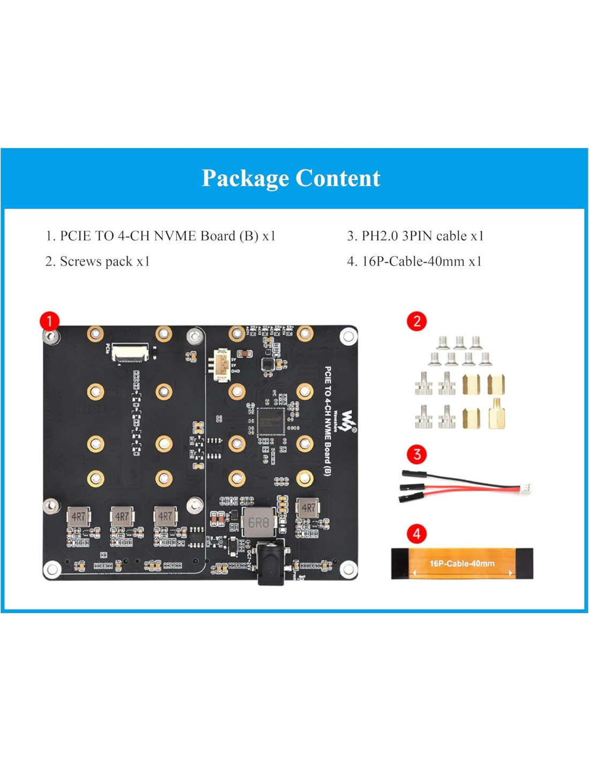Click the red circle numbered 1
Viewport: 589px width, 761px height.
pyautogui.click(x=50, y=321)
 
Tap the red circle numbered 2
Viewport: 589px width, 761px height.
pyautogui.click(x=417, y=321)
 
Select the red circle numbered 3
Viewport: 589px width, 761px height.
pyautogui.click(x=417, y=454)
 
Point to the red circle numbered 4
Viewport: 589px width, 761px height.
pyautogui.click(x=417, y=534)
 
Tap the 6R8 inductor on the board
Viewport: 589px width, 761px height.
pyautogui.click(x=259, y=522)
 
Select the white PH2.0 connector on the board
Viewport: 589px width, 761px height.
pyautogui.click(x=222, y=365)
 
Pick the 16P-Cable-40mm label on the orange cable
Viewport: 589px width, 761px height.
pyautogui.click(x=462, y=564)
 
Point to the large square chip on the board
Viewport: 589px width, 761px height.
pyautogui.click(x=270, y=422)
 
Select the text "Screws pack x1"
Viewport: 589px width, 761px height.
pyautogui.click(x=97, y=261)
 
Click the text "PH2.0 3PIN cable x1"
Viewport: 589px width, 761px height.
pyautogui.click(x=415, y=236)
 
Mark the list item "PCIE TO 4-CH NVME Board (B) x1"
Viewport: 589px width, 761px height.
pyautogui.click(x=160, y=236)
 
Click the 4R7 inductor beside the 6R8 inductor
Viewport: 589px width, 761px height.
pyautogui.click(x=307, y=508)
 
